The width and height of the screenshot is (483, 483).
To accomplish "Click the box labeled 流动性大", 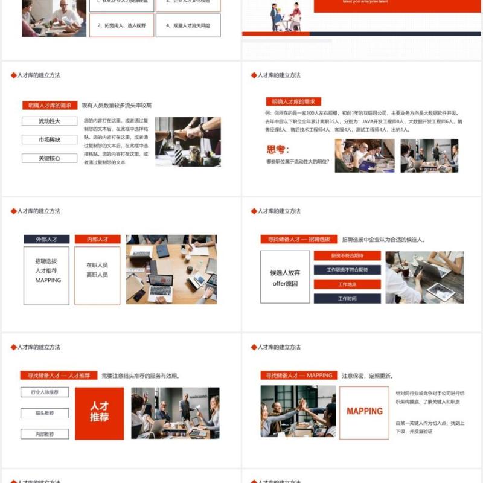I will click(x=50, y=121).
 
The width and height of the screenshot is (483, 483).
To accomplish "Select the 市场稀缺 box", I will click(x=50, y=140).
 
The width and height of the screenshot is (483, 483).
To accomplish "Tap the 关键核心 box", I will click(x=50, y=158).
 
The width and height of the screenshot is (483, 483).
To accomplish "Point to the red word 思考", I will click(x=278, y=150).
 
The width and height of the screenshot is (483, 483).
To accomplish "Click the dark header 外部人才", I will click(x=46, y=239).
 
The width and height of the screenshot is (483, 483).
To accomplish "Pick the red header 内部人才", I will click(x=97, y=239).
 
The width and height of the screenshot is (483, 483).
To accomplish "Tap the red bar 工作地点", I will click(x=347, y=284).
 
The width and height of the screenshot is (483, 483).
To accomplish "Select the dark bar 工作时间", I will click(x=347, y=298).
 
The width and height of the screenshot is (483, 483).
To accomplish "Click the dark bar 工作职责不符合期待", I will click(x=347, y=270).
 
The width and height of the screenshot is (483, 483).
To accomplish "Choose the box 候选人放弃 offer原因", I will click(x=285, y=277).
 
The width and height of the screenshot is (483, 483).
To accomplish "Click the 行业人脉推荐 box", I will click(x=45, y=392).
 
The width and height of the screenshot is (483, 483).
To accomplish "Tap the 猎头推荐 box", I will click(x=45, y=414).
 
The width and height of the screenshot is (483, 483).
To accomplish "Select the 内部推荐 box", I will click(x=45, y=433).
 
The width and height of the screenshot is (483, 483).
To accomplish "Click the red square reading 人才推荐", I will click(x=99, y=412).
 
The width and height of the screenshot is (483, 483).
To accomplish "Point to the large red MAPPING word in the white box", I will click(x=364, y=411).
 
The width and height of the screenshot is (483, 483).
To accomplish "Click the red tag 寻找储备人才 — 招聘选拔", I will click(x=299, y=239).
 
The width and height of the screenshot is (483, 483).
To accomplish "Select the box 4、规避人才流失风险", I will click(x=188, y=26).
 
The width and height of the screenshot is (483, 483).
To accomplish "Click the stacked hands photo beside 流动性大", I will click(x=187, y=141).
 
